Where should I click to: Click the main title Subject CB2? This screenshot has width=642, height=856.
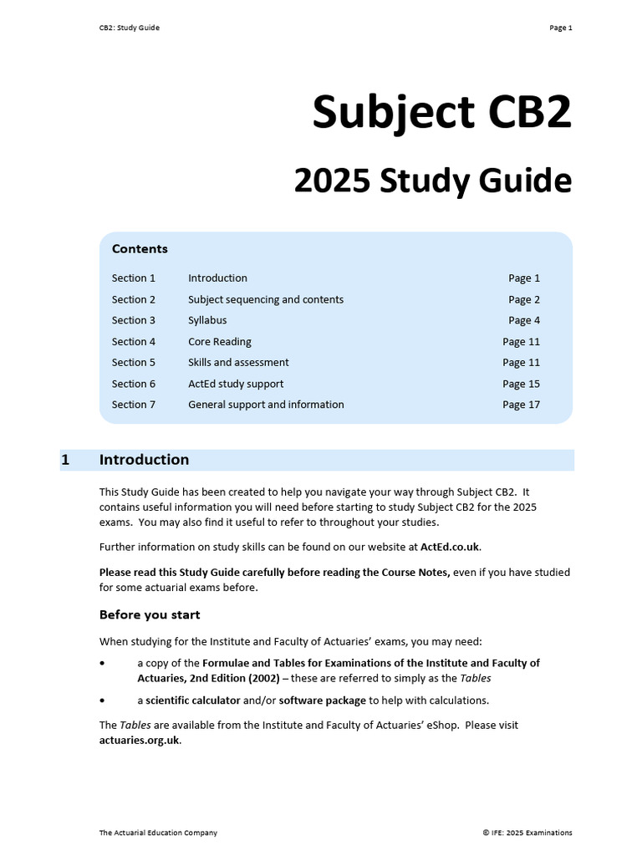441,113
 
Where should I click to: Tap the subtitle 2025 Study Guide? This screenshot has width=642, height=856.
432,181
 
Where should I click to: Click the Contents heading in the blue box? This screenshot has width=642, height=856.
140,249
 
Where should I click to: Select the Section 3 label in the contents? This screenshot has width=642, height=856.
134,320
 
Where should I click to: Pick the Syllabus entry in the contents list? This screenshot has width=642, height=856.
207,320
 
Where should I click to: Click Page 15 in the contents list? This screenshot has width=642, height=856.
521,384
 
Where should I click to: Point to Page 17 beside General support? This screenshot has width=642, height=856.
521,405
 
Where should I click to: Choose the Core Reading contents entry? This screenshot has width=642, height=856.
219,342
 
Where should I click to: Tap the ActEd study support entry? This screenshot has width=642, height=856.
236,384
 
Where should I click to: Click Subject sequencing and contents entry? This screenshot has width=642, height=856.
266,299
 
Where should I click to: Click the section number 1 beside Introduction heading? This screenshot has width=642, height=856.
65,460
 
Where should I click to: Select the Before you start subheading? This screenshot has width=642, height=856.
150,615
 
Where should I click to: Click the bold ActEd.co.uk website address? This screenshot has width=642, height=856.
450,547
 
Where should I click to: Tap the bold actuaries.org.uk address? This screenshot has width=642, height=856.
139,740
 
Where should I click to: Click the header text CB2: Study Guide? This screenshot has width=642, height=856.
129,28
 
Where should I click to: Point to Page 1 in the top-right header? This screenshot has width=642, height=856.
560,28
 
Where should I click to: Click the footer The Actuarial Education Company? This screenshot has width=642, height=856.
158,833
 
